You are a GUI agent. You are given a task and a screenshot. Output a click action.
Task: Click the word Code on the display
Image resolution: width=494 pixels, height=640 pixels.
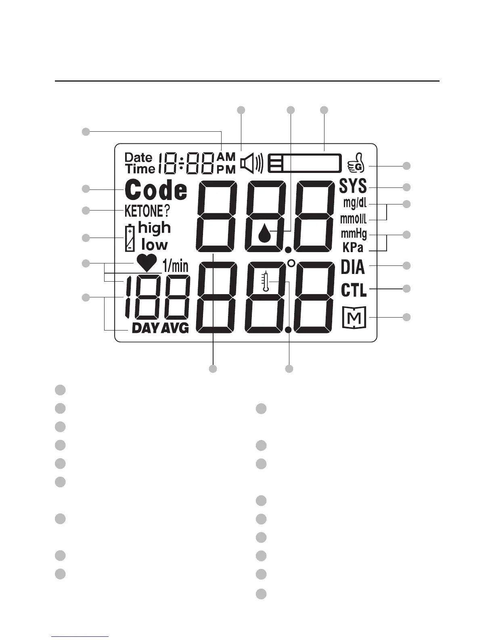156,190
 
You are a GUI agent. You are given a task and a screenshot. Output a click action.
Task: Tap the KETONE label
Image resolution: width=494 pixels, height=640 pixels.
144,211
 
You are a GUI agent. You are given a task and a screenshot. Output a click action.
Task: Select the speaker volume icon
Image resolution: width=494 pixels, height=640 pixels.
251,163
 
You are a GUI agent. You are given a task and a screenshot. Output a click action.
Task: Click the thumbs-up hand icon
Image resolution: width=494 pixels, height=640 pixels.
356,164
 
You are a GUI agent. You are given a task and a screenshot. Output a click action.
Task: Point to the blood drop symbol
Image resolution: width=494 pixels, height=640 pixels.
264,232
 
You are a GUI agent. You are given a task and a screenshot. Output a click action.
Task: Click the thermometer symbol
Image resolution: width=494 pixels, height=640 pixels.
265,281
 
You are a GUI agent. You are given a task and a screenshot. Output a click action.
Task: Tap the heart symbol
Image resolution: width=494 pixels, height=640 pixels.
147,263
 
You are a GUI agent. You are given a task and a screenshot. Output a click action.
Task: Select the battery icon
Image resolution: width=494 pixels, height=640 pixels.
130,238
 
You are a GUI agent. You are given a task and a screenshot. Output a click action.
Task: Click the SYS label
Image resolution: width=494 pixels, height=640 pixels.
353,186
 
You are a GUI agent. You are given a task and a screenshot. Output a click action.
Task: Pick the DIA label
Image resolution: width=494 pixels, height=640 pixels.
353,267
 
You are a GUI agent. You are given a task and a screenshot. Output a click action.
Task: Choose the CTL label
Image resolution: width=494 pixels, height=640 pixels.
354,290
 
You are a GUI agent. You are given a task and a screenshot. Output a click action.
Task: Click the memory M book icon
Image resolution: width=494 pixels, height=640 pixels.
354,317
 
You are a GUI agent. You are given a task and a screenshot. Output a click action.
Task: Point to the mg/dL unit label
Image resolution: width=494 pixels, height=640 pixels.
355,203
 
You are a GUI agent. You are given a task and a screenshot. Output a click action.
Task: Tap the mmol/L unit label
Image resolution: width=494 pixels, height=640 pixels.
354,219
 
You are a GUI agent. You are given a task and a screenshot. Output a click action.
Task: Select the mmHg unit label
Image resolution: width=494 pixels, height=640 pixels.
354,234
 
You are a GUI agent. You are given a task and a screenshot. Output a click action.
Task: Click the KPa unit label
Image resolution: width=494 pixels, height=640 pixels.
352,247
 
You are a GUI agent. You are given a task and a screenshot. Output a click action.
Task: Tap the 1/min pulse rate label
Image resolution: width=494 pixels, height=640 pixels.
175,266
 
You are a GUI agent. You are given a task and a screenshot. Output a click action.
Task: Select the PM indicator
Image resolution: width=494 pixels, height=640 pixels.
226,169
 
